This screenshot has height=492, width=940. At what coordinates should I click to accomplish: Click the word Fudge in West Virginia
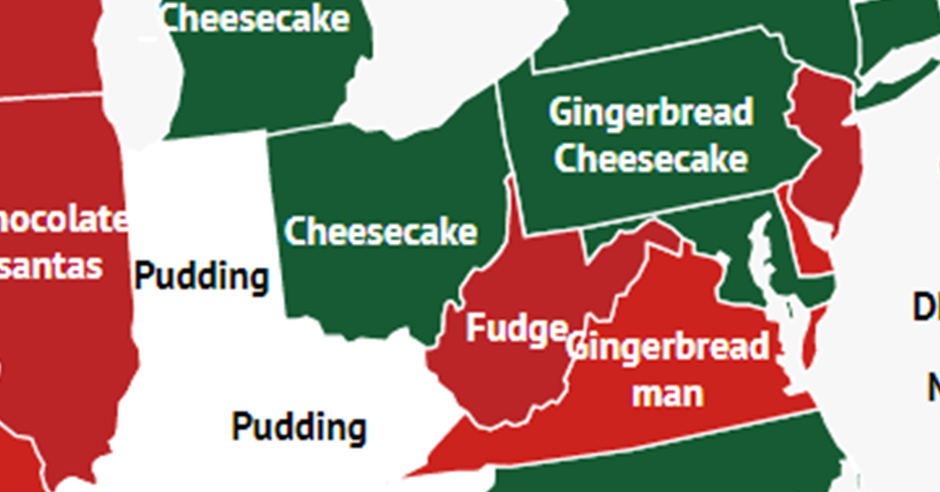pyautogui.click(x=515, y=329)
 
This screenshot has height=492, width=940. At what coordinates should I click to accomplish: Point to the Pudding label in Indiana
pyautogui.click(x=202, y=277)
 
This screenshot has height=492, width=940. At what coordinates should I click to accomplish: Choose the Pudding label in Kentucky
pyautogui.click(x=298, y=427)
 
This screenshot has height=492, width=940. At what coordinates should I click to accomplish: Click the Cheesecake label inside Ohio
pyautogui.click(x=380, y=232)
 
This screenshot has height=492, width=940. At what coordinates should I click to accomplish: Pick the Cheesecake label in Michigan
pyautogui.click(x=255, y=18)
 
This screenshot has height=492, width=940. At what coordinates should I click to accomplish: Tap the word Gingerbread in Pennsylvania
pyautogui.click(x=651, y=112)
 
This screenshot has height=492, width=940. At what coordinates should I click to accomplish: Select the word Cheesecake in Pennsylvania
pyautogui.click(x=651, y=158)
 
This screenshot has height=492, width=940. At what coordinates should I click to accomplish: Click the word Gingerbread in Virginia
pyautogui.click(x=670, y=346)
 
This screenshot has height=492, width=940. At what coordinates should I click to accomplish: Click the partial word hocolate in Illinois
pyautogui.click(x=63, y=221)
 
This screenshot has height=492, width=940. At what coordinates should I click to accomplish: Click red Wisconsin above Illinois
pyautogui.click(x=47, y=39)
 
